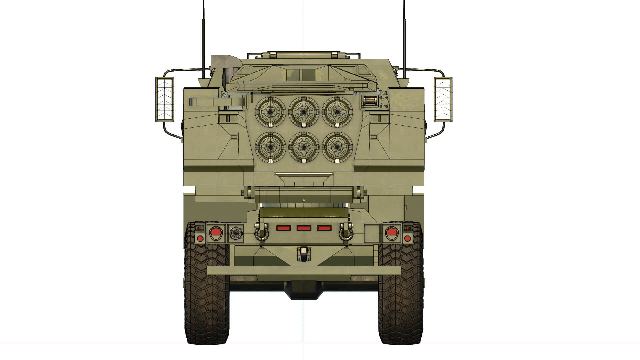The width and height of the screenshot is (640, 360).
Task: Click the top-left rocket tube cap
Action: pyautogui.click(x=270, y=112)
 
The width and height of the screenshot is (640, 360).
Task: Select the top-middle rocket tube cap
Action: pyautogui.click(x=304, y=112)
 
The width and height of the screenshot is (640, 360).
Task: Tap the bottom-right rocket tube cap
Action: pyautogui.click(x=337, y=147)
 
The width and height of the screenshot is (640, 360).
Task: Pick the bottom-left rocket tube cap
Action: pyautogui.click(x=270, y=147)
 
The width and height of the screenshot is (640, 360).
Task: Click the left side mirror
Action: pyautogui.click(x=165, y=99)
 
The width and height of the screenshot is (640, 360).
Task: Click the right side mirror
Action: pyautogui.click(x=443, y=99)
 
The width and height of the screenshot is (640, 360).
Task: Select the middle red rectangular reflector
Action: pyautogui.click(x=304, y=228)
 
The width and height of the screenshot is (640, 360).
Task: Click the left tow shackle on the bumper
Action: pyautogui.click(x=261, y=232)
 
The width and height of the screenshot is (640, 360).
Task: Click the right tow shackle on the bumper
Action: pyautogui.click(x=346, y=232)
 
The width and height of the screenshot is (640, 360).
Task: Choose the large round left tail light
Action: pyautogui.click(x=215, y=233)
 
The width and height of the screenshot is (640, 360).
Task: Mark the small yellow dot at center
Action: pyautogui.click(x=304, y=200)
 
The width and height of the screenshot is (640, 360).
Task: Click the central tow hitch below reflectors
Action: pyautogui.click(x=304, y=254)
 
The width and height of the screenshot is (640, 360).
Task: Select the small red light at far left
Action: pyautogui.click(x=200, y=238)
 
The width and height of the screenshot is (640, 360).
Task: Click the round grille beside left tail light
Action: pyautogui.click(x=236, y=233)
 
